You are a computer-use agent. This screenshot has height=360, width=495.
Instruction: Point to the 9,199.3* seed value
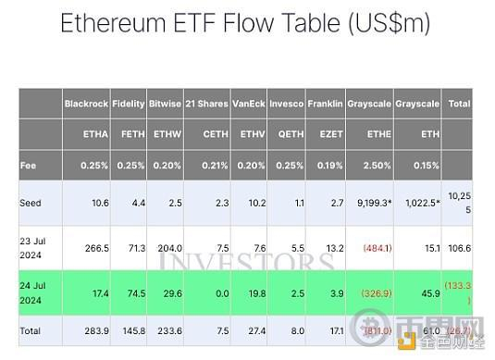tap(371, 202)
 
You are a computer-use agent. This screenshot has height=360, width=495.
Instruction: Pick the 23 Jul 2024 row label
tap(32, 247)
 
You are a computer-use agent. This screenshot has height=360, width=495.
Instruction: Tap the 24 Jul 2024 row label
tap(32, 292)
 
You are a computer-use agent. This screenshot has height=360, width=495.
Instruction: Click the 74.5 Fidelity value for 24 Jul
tap(137, 292)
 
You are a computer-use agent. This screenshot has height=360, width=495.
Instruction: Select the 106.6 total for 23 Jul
tap(460, 247)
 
